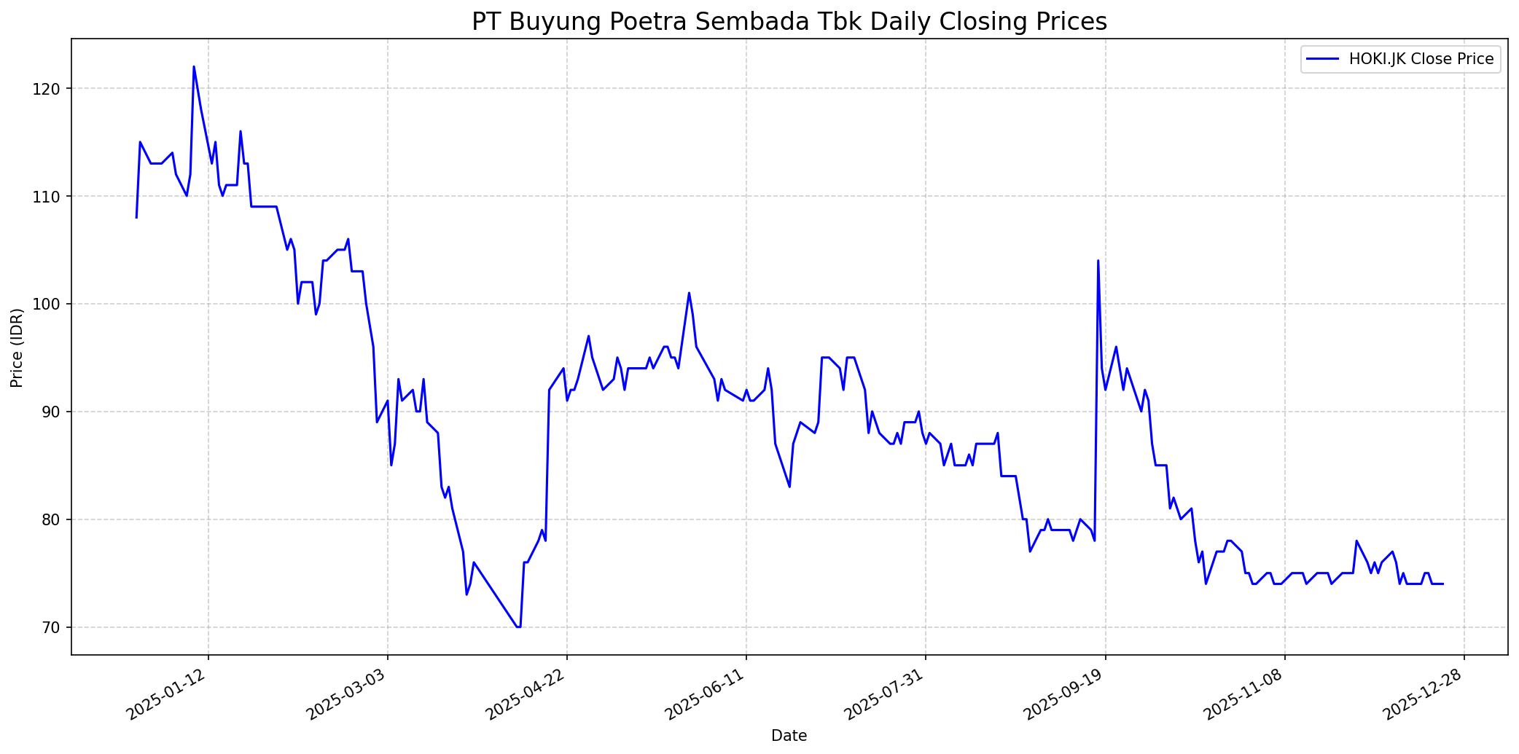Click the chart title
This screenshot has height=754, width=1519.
(x=789, y=21)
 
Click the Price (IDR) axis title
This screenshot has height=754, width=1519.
(x=17, y=347)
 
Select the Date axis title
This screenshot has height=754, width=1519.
(x=789, y=736)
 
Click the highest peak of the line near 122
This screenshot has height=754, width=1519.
(x=194, y=67)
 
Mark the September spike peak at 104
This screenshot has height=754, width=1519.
(x=1098, y=261)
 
